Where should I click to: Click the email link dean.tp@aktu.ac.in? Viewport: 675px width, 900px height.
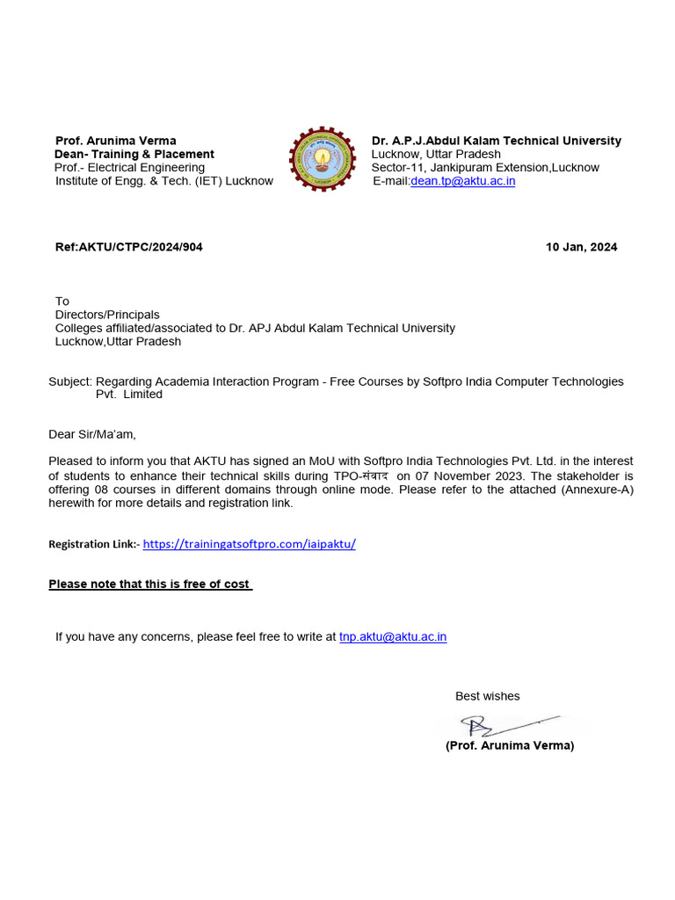[462, 181]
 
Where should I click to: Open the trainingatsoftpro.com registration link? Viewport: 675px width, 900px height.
[249, 544]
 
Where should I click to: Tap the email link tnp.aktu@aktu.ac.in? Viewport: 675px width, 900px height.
[393, 636]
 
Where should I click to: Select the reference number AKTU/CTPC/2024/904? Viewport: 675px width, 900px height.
[129, 247]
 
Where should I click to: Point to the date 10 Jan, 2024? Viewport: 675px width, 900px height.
[581, 247]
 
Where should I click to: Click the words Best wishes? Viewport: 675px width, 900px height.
[487, 696]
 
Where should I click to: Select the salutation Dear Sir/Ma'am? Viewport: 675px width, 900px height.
[92, 434]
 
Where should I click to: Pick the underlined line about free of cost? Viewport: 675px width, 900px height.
[150, 584]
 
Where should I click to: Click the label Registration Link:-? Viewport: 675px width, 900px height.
[93, 545]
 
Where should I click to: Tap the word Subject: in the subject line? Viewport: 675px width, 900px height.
[70, 381]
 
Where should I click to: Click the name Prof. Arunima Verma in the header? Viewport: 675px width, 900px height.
[116, 141]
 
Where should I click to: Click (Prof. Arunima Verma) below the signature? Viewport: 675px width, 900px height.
[509, 745]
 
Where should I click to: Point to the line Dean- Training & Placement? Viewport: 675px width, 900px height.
[134, 154]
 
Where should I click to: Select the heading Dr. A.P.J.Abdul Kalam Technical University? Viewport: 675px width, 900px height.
[496, 141]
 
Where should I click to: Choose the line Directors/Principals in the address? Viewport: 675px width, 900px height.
[107, 315]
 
